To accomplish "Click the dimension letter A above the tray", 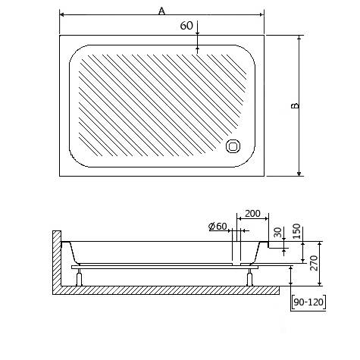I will (161, 10).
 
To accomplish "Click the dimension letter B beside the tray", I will (295, 105).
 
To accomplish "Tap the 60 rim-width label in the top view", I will (186, 26).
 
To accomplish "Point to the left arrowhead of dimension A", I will (62, 14).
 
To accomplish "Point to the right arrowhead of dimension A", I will (261, 14).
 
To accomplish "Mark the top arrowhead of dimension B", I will (300, 36).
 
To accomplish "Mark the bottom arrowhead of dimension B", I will (300, 174).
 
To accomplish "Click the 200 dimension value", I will (252, 213).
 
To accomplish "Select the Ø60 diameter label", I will (218, 227).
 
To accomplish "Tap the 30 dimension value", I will (278, 231).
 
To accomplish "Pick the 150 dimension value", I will (297, 230).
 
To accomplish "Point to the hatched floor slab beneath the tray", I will (167, 290).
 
